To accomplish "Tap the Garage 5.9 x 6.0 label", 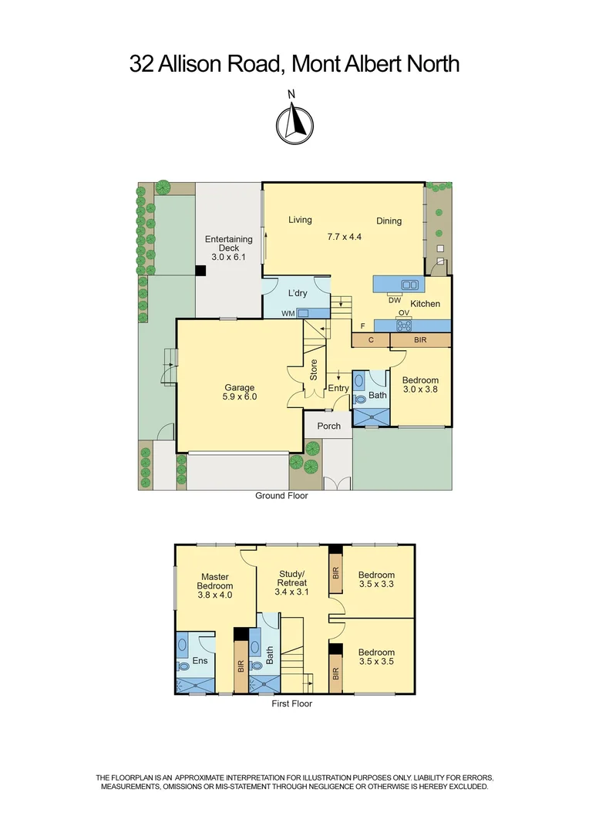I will (x=240, y=392).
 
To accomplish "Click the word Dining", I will (x=389, y=221).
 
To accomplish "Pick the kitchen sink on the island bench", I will (x=409, y=285).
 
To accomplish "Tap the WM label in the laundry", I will (x=287, y=313).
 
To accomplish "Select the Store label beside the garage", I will (x=314, y=372).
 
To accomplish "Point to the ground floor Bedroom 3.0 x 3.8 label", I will (x=420, y=385).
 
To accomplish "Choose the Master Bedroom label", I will (x=216, y=585).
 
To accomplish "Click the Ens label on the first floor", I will (x=200, y=661).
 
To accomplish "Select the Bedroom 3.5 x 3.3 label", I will (x=376, y=579).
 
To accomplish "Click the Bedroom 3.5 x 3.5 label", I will (x=376, y=657).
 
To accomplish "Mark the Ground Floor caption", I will (x=281, y=496).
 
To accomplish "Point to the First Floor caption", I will (x=291, y=703).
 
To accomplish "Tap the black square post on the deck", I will (x=200, y=270).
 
